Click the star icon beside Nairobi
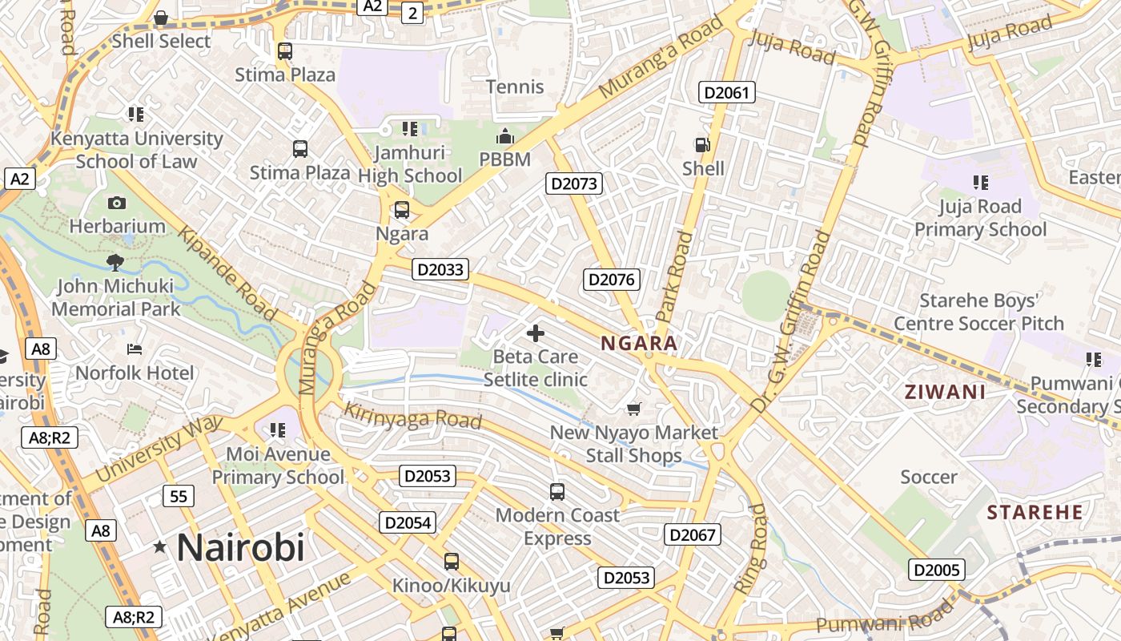point(160,547)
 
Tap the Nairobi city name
point(240,548)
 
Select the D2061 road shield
point(727,92)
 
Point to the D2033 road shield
point(440,269)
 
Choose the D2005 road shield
point(936,570)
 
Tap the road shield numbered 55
point(179,497)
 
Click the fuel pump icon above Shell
point(702,145)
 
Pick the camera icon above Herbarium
point(117,204)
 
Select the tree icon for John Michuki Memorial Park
point(115,262)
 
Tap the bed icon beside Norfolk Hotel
point(135,349)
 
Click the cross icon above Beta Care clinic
point(536,333)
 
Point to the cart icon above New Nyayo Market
point(634,409)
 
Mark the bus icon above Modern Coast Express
point(557,492)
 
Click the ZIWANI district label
point(944,393)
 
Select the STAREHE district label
point(1035,512)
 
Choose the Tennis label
point(516,87)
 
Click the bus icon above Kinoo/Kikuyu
point(452,562)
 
